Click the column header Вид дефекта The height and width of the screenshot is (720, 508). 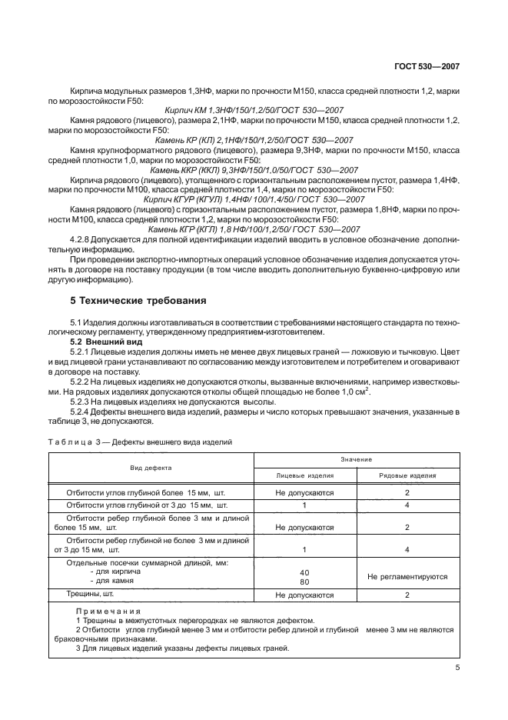151,467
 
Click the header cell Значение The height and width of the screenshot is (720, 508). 356,459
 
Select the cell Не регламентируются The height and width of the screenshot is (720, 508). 408,575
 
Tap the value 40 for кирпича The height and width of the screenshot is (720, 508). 304,572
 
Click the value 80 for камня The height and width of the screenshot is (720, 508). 304,582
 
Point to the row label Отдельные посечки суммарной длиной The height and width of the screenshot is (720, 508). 148,563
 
